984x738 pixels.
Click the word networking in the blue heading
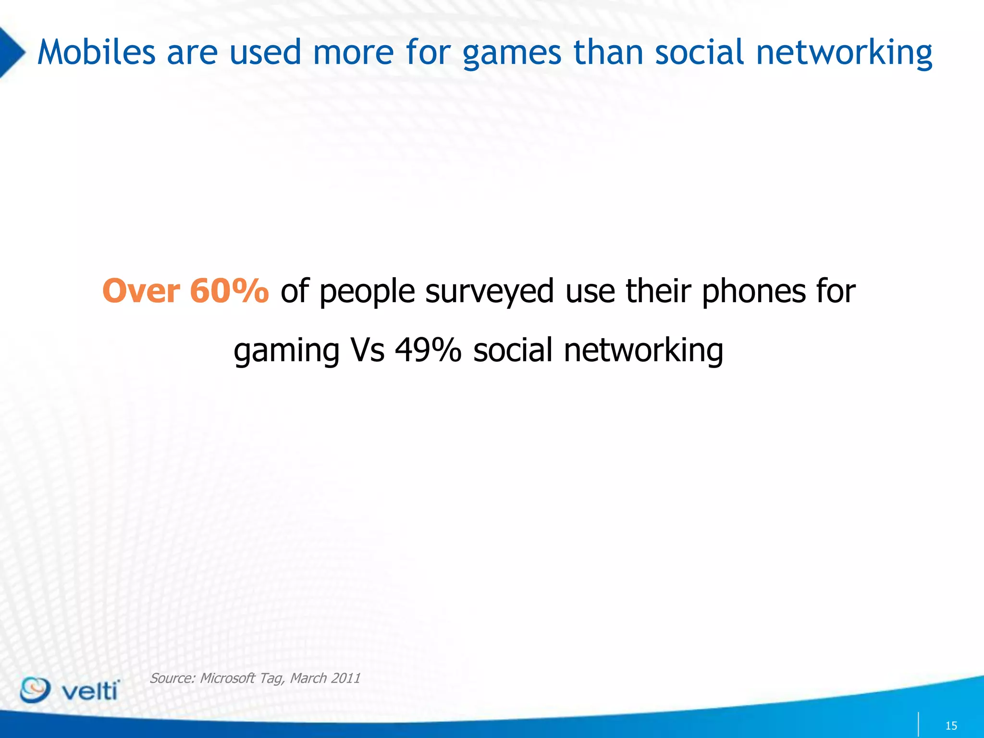pos(844,53)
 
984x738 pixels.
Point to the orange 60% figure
pos(229,291)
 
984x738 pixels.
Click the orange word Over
pos(141,291)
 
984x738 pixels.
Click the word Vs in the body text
pos(368,350)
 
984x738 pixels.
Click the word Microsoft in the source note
pos(227,678)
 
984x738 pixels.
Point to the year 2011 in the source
pos(345,678)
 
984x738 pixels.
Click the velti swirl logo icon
pos(35,690)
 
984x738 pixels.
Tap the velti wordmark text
pos(90,691)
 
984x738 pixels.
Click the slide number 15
pos(951,726)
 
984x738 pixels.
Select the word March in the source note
pos(308,678)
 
